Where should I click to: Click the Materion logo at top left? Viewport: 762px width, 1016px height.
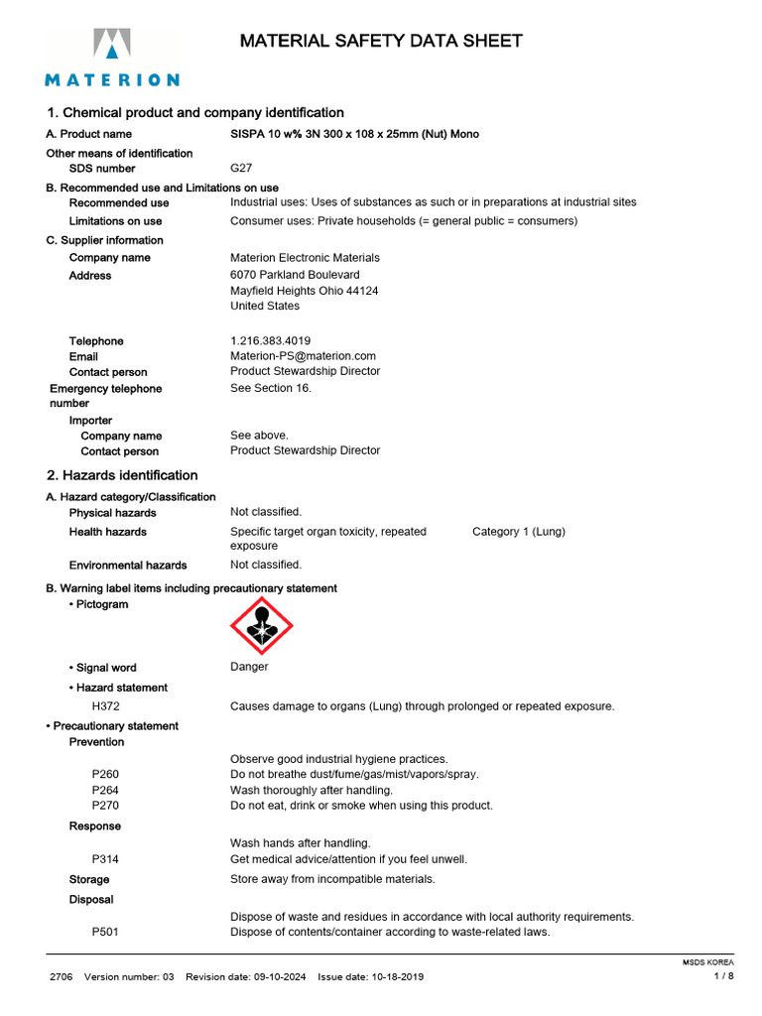[111, 58]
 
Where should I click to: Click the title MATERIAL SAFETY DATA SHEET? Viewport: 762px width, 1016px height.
[381, 41]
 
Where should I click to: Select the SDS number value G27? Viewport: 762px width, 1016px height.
[241, 169]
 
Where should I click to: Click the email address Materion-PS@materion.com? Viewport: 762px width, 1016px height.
[303, 355]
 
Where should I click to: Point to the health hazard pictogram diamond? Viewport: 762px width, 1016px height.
[261, 626]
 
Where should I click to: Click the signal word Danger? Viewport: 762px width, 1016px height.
[249, 667]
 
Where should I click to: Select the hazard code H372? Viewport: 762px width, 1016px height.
[107, 706]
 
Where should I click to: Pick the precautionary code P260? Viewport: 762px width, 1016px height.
[106, 774]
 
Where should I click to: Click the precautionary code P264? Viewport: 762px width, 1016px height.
[106, 790]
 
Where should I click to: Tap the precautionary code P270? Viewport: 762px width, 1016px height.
[106, 806]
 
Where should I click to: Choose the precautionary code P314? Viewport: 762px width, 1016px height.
[106, 858]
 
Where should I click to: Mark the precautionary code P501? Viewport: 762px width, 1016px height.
[106, 933]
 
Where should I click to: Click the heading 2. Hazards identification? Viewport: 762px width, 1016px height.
[122, 475]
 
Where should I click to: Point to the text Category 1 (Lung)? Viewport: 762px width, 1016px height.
[518, 532]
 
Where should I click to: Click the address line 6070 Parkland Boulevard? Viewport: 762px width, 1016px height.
[295, 274]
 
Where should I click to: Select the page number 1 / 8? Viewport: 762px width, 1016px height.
[724, 976]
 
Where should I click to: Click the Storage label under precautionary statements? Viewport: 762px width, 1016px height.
[89, 879]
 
